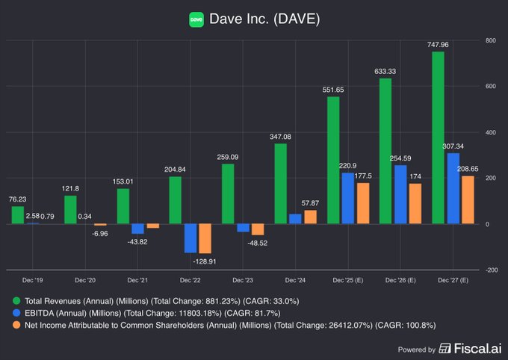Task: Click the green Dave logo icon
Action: tap(196, 19)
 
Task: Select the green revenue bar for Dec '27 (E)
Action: tap(438, 137)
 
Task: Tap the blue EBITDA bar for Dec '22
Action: tap(190, 238)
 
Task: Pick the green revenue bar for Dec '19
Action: tap(17, 215)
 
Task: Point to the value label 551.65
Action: tap(332, 90)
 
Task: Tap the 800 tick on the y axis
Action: tap(491, 40)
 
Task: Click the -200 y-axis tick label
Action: tap(491, 270)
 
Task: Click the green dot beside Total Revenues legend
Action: tap(17, 301)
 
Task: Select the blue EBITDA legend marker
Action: tap(17, 313)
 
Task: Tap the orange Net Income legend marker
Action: tap(17, 326)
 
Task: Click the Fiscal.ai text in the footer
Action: tap(474, 349)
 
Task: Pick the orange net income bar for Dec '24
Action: tap(311, 217)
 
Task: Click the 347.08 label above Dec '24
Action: tap(280, 137)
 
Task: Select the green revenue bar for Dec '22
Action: tap(176, 200)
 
